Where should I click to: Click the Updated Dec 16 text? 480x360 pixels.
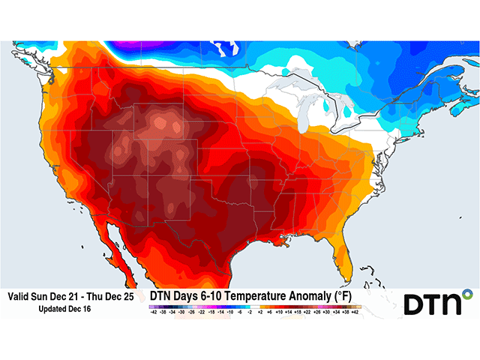pos(70,308)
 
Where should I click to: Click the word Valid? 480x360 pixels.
pos(20,297)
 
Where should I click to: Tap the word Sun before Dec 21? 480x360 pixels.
pos(44,297)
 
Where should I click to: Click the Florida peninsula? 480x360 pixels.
pos(346,251)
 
